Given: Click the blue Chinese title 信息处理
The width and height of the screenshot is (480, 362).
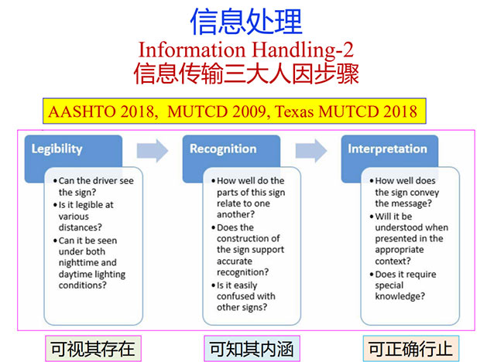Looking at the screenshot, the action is tap(246, 22).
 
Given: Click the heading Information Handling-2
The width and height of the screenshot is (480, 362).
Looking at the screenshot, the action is tap(246, 50).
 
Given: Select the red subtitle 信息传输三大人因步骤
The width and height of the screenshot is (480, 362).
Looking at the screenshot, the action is tap(246, 73).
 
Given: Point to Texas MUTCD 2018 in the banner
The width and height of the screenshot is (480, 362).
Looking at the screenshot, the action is tap(346, 111).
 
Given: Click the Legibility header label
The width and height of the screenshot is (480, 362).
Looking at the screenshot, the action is tap(57, 149).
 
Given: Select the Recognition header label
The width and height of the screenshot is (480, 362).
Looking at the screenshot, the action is tap(223, 149).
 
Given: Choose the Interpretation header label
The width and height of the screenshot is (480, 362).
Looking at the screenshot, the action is tap(387, 149).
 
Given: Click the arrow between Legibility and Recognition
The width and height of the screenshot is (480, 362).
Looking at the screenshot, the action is tap(153, 151).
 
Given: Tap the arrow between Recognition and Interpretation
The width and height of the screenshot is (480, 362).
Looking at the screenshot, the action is tap(311, 151).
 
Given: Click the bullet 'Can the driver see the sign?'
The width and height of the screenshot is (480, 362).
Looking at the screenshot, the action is tap(94, 186).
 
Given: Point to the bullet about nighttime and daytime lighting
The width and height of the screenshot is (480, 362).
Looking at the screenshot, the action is tap(89, 263).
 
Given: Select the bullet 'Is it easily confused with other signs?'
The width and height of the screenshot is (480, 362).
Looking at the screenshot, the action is tap(244, 296).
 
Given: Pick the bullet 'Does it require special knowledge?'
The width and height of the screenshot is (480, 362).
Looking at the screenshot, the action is tap(403, 285).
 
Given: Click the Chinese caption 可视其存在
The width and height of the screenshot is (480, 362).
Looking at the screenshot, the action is tap(93, 349).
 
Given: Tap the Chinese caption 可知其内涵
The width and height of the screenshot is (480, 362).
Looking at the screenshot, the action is tap(252, 349).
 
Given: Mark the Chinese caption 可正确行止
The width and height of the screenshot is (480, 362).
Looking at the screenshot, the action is tap(410, 349).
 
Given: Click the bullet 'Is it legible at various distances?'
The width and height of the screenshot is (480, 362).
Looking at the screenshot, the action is tap(84, 216).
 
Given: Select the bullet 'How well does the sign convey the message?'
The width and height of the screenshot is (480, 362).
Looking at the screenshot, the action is tap(404, 192).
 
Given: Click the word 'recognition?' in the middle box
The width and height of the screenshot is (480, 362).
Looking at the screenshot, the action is tap(243, 272).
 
